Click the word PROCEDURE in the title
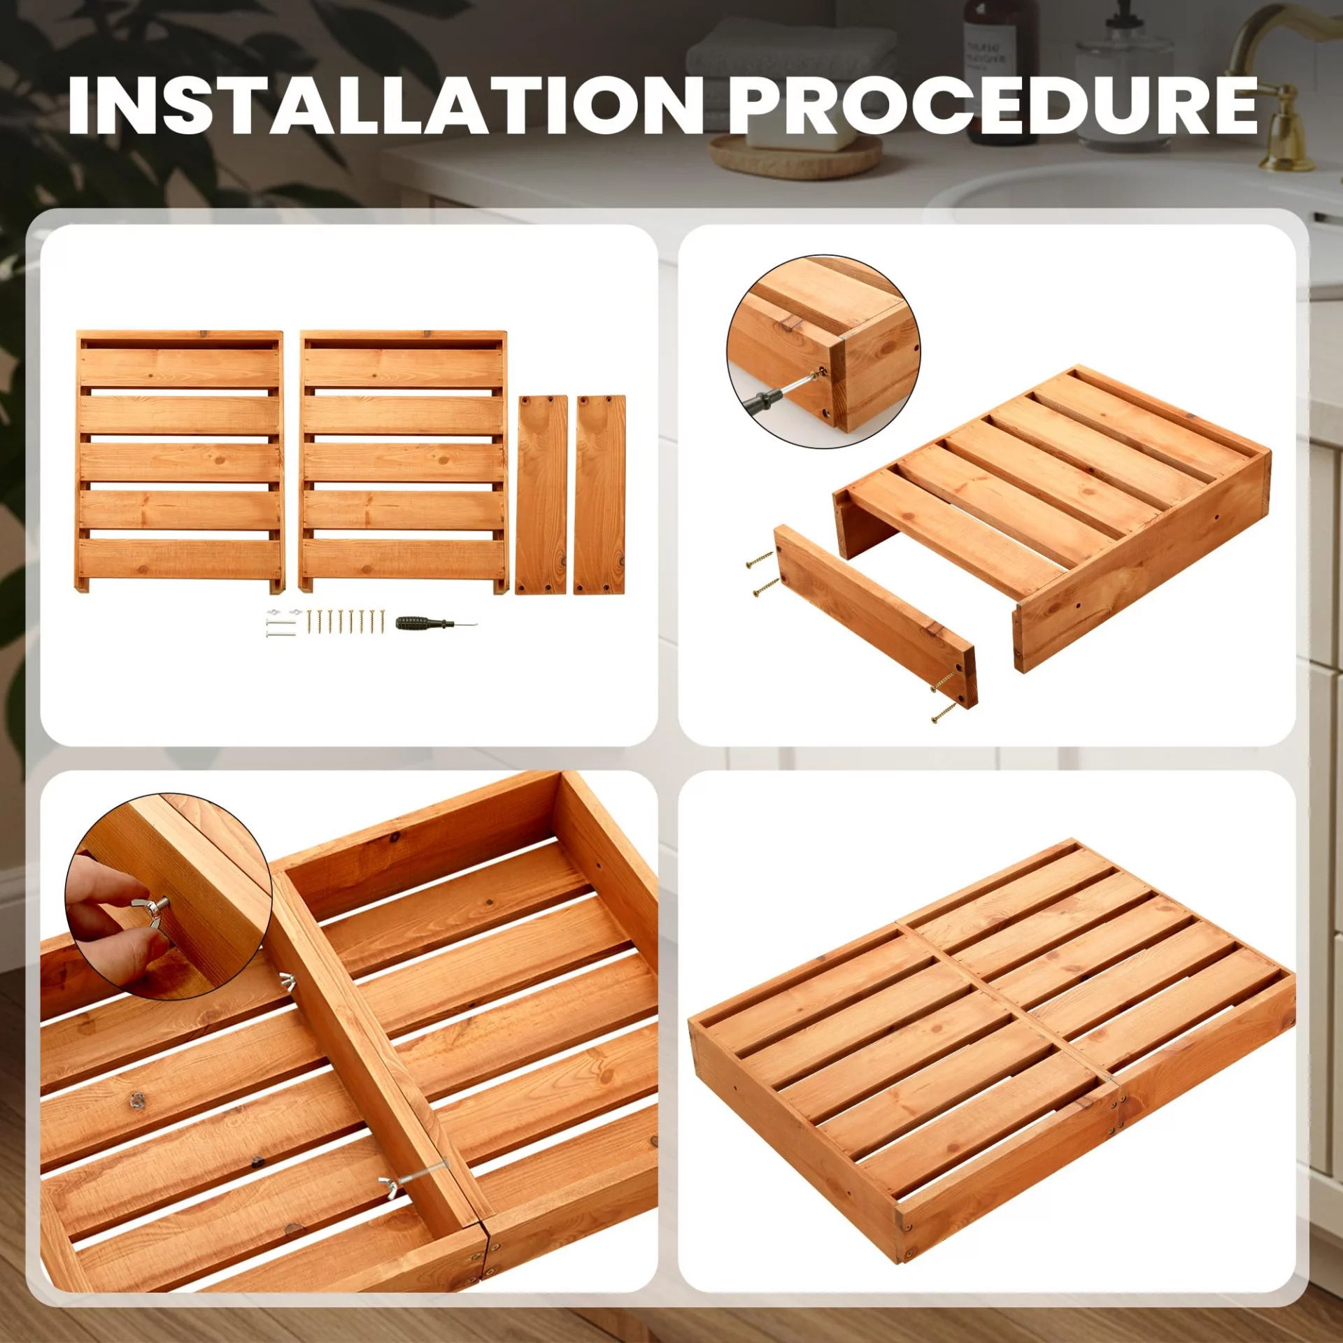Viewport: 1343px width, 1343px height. [x=993, y=106]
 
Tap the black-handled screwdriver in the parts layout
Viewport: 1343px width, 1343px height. [x=435, y=623]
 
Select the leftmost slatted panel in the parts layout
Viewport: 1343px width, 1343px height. [x=180, y=463]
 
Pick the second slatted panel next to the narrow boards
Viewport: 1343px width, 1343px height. [x=403, y=463]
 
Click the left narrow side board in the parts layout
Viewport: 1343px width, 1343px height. [x=541, y=495]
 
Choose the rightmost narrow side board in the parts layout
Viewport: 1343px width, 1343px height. [x=599, y=495]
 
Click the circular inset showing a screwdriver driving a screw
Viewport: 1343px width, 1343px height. [x=823, y=351]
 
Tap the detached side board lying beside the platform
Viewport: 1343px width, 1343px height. [x=874, y=616]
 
